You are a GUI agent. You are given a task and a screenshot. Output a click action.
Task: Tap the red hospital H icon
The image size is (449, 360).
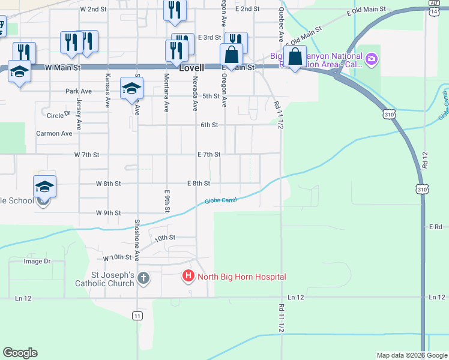[x=188, y=277]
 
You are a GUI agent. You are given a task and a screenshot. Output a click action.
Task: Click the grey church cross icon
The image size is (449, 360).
[x=143, y=278]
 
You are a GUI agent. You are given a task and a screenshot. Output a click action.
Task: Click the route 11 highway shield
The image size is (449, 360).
[x=137, y=316]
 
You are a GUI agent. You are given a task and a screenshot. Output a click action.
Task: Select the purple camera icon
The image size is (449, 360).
[x=372, y=58]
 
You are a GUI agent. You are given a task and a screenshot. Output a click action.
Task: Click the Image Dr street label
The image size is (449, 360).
[x=37, y=262]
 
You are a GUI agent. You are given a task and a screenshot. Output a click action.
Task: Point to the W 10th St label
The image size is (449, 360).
[x=117, y=257]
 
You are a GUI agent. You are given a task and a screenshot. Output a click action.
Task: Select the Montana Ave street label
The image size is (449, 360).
[x=166, y=93]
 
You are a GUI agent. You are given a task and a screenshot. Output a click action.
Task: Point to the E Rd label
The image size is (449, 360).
[x=436, y=227]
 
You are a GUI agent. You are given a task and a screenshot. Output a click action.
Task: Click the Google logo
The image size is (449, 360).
[x=20, y=353]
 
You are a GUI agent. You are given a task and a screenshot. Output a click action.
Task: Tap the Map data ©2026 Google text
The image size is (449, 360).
[x=411, y=355]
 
